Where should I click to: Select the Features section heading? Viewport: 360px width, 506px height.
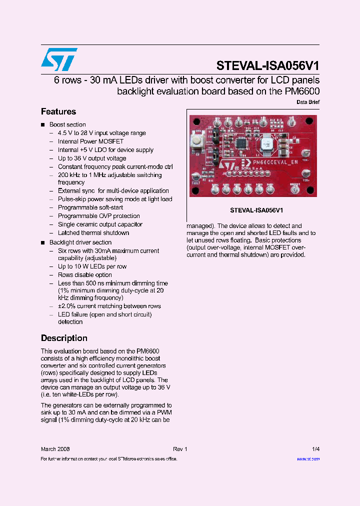click(58, 111)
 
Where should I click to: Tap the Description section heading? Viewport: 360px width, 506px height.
click(64, 338)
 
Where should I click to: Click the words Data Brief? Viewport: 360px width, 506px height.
click(308, 102)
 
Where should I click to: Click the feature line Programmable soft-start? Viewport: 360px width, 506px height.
click(90, 207)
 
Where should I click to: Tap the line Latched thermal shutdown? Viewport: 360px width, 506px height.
click(93, 232)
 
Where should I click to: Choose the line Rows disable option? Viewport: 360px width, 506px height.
click(84, 275)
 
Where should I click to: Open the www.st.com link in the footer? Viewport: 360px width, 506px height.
click(308, 459)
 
